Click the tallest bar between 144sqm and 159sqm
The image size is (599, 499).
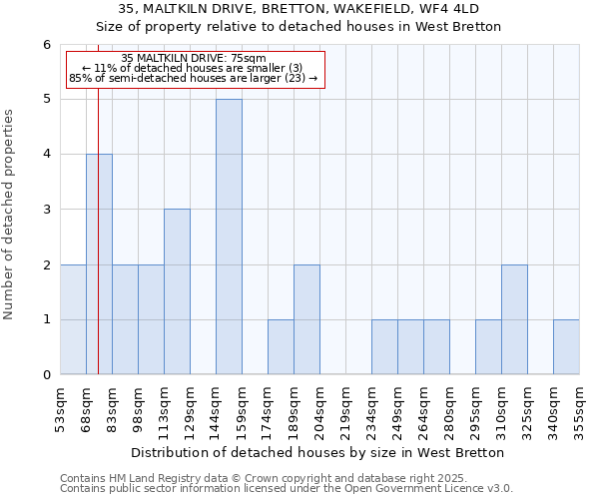229,237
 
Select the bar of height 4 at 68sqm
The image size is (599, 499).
99,264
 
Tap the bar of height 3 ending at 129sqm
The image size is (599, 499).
177,291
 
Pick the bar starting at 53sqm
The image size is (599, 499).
73,319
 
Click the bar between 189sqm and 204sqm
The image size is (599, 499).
306,319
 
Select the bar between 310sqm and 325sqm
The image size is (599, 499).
514,319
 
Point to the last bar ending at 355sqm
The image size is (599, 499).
566,347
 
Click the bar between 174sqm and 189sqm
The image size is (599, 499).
281,347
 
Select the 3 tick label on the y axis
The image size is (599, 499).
46,210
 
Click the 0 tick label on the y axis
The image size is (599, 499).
46,375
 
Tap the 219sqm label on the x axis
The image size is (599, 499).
345,410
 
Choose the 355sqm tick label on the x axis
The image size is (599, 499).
579,410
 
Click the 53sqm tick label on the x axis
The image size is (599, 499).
60,410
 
